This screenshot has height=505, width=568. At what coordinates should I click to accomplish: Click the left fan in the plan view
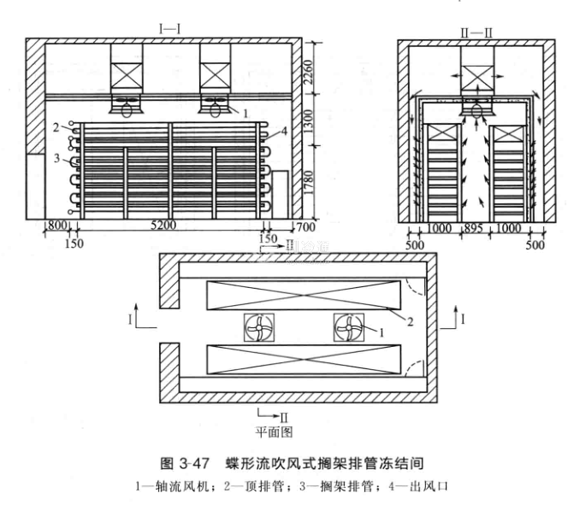pos(260,327)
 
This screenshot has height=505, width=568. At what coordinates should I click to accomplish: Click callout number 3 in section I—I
pos(54,158)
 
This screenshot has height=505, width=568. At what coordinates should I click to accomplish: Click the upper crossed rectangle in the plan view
pos(304,296)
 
